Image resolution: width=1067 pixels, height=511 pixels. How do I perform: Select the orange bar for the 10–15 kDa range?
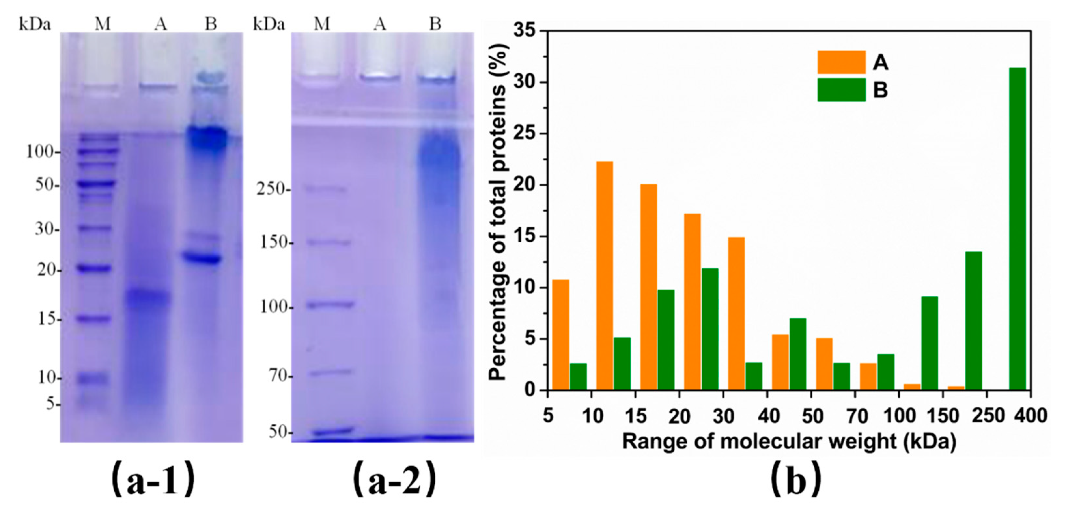pyautogui.click(x=604, y=276)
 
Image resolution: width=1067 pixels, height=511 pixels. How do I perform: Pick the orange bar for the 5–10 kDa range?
pyautogui.click(x=561, y=335)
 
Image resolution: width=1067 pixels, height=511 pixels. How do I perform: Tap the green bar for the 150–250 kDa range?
pyautogui.click(x=973, y=321)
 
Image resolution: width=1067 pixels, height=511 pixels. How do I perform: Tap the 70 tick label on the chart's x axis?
pyautogui.click(x=857, y=415)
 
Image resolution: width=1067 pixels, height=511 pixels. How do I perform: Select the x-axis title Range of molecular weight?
pyautogui.click(x=789, y=442)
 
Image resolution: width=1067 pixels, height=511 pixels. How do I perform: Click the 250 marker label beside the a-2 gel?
pyautogui.click(x=271, y=190)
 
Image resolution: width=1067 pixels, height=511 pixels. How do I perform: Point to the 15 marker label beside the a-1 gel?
pyautogui.click(x=47, y=319)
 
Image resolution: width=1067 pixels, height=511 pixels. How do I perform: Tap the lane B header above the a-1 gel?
pyautogui.click(x=211, y=24)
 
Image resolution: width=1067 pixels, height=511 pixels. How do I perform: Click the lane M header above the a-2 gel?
pyautogui.click(x=322, y=24)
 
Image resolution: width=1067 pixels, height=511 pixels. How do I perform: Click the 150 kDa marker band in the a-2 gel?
pyautogui.click(x=328, y=242)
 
